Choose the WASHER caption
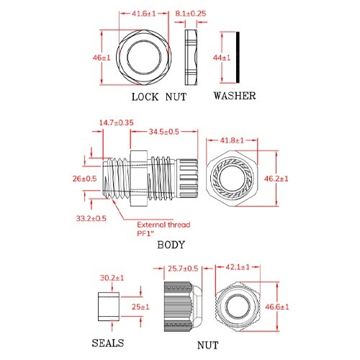click(x=233, y=96)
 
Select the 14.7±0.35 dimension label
click(x=116, y=123)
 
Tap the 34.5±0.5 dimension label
click(x=164, y=132)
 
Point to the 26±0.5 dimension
click(x=86, y=178)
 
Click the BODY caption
click(x=171, y=246)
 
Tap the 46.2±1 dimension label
click(x=295, y=178)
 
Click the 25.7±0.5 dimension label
click(x=183, y=269)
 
